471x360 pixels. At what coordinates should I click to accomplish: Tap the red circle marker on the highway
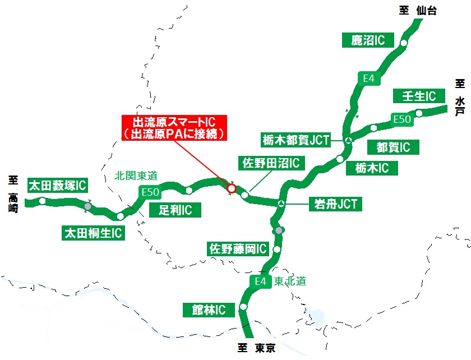pos(231,189)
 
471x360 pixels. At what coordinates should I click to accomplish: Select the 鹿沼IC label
pos(367,40)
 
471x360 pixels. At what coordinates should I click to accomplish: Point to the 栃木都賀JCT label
pos(295,140)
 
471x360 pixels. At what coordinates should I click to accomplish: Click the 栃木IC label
pos(372,168)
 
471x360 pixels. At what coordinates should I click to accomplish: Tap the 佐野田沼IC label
pos(271,163)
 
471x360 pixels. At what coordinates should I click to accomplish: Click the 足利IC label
pos(176,210)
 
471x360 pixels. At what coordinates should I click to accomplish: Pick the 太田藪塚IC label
pos(58,185)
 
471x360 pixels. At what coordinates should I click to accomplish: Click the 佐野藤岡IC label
pos(238,249)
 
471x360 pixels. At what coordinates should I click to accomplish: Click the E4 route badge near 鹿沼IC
pos(368,79)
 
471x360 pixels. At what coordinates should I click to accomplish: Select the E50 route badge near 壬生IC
pos(403,119)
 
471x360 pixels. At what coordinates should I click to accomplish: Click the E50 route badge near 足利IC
pos(151,192)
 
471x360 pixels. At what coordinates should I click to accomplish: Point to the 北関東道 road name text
pos(136,176)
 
